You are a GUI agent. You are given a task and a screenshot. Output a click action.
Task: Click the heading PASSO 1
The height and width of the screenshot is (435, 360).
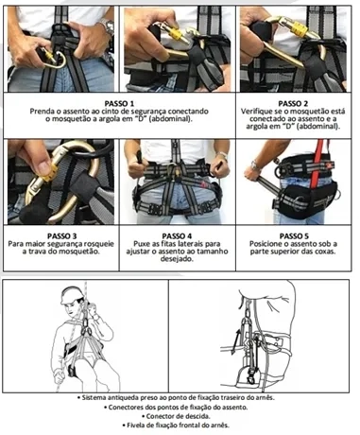click(x=119, y=104)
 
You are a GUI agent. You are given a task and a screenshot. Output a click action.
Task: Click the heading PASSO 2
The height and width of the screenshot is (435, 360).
click(x=293, y=104)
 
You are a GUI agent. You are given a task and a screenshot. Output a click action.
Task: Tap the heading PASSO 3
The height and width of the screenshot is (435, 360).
click(x=61, y=236)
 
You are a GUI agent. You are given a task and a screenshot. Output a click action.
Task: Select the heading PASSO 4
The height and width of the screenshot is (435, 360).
click(x=177, y=236)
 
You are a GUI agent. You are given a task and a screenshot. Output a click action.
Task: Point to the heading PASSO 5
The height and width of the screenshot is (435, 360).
click(x=294, y=236)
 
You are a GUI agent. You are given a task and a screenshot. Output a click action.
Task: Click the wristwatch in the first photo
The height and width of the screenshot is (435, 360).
click(x=108, y=26)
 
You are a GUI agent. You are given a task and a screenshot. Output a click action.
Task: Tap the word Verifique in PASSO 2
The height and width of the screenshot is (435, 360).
click(x=254, y=112)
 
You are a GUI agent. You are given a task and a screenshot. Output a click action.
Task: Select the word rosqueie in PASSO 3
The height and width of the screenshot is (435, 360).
click(x=100, y=244)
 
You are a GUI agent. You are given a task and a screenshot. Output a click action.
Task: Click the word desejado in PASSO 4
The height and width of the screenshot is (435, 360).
click(x=176, y=259)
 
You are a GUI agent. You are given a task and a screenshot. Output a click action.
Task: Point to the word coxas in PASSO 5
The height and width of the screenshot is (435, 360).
click(x=325, y=252)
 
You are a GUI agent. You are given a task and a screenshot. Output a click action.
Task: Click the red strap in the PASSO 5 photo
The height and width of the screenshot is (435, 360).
click(x=317, y=165)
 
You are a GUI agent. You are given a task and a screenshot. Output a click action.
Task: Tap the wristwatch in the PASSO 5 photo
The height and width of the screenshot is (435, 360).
click(x=255, y=165)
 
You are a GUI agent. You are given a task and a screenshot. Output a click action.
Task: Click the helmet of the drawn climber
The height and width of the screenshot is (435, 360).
click(x=72, y=295)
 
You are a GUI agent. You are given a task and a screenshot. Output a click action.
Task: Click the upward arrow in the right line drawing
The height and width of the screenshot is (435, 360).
click(x=236, y=341)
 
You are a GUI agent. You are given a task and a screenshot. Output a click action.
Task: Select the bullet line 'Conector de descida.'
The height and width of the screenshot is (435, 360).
click(x=176, y=416)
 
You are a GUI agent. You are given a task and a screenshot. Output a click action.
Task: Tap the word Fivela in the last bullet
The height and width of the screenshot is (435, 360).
click(x=135, y=426)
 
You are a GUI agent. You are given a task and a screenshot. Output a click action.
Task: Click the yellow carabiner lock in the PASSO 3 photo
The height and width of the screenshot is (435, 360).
click(x=50, y=174)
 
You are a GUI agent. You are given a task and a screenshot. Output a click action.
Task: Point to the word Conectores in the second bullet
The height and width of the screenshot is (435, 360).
click(x=124, y=408)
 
